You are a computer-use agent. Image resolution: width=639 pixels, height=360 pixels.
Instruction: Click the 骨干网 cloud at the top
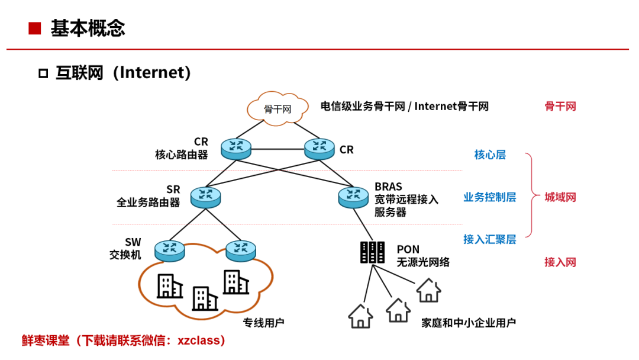click(x=277, y=108)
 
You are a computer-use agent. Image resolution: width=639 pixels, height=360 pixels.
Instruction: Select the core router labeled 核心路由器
click(x=236, y=149)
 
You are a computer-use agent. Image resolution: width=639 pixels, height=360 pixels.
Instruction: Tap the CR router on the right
click(x=319, y=149)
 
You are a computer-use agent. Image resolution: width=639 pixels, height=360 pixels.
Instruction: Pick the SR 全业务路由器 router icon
click(x=205, y=197)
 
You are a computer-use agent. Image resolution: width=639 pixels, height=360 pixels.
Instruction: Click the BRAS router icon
click(x=353, y=197)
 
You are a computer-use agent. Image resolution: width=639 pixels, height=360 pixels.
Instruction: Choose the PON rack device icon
click(x=373, y=252)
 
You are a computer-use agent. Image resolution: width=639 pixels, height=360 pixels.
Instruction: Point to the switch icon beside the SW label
click(x=170, y=250)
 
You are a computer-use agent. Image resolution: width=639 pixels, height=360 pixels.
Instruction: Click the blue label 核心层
click(x=490, y=155)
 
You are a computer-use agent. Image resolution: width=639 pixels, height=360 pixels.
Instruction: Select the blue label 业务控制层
click(x=490, y=197)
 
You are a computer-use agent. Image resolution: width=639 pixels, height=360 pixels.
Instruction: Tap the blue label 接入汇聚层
click(x=490, y=239)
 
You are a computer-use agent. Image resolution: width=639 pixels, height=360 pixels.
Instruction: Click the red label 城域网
click(x=560, y=197)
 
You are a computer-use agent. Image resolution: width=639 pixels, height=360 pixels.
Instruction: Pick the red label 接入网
click(x=560, y=262)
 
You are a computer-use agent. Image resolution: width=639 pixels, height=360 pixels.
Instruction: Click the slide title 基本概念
click(x=88, y=28)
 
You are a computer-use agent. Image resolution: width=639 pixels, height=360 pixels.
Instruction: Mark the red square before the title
click(x=35, y=28)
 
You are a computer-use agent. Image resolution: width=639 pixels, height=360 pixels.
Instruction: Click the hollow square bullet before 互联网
click(x=43, y=73)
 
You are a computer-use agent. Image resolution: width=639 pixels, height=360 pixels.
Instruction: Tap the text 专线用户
click(x=264, y=323)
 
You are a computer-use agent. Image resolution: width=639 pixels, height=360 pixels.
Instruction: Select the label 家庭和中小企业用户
click(x=469, y=323)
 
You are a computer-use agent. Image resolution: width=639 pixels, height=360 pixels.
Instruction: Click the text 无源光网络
click(x=424, y=262)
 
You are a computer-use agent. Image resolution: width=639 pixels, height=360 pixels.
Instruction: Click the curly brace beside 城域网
click(x=531, y=195)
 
